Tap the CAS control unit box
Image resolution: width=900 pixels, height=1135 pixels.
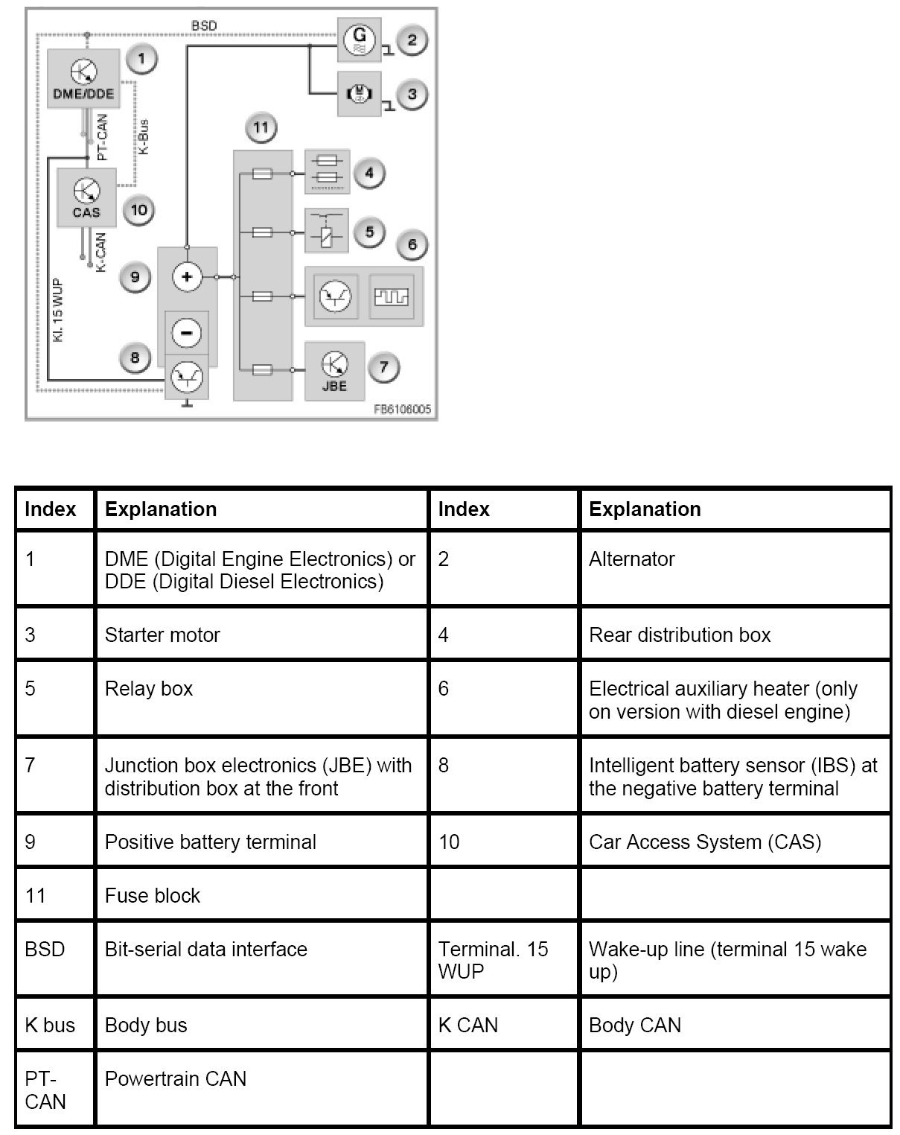tap(87, 197)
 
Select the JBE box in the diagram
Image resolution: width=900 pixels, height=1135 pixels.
tap(334, 371)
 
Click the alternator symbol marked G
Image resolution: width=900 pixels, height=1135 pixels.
tap(360, 40)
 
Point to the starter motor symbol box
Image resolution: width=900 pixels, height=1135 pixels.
tap(360, 94)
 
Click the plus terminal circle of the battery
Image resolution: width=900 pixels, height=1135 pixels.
tap(186, 277)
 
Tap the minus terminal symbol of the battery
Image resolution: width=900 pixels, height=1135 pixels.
tap(186, 332)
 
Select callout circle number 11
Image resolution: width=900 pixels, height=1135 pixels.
tap(260, 128)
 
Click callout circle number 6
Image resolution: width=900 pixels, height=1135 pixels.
tap(412, 244)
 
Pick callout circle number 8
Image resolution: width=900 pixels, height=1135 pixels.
tap(135, 357)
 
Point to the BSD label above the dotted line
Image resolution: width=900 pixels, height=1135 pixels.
tap(204, 26)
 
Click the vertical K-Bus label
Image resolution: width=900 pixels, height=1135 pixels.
tap(144, 137)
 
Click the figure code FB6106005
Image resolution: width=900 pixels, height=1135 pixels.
tap(402, 410)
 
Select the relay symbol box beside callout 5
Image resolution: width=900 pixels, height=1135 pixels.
tap(326, 231)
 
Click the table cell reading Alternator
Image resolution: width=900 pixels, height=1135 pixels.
tap(632, 559)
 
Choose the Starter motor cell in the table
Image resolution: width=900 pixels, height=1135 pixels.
tap(162, 635)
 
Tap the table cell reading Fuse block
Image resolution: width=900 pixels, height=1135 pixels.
tap(153, 895)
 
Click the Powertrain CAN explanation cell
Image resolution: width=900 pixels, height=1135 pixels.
tap(176, 1079)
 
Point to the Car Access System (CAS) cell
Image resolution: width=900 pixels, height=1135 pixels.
tap(705, 842)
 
